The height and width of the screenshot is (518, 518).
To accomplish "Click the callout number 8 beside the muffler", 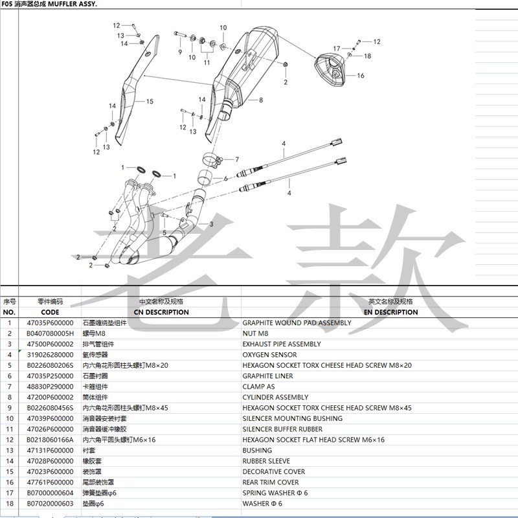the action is [x=260, y=100].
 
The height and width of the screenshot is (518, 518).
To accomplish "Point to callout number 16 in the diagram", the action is [x=361, y=76].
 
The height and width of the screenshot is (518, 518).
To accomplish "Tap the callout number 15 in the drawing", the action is [x=150, y=102].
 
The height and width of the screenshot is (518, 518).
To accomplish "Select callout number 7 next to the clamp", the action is [x=237, y=159].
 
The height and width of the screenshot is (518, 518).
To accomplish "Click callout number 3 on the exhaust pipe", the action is [x=210, y=224].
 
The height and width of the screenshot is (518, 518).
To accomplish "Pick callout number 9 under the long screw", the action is [x=180, y=51].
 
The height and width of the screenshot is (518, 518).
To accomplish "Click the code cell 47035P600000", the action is [x=50, y=322].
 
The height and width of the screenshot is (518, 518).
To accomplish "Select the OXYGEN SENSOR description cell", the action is [x=269, y=355].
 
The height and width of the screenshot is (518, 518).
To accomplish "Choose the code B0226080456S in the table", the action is [x=50, y=408].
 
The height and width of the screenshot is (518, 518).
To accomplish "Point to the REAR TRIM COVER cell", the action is [x=271, y=482].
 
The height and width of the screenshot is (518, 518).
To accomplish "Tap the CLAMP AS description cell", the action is [x=258, y=387].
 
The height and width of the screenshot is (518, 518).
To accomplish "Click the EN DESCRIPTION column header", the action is [x=390, y=312].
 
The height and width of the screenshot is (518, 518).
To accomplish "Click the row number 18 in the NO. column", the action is [x=9, y=504].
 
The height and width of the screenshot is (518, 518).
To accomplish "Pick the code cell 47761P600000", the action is [x=50, y=482].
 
